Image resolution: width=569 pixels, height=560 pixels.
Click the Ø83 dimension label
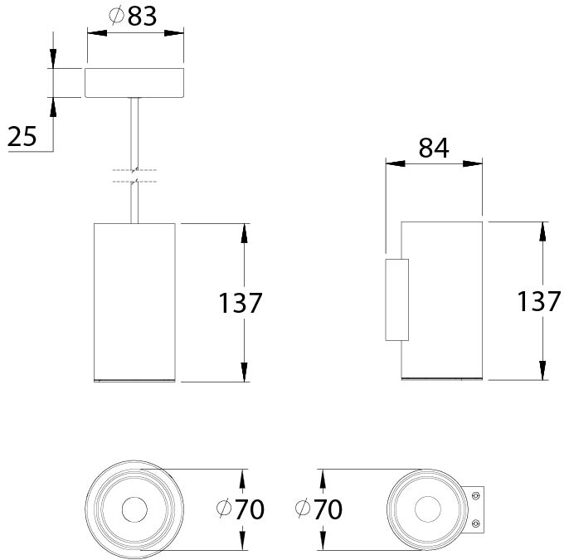(x=133, y=16)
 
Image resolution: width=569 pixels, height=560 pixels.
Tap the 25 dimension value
(x=22, y=137)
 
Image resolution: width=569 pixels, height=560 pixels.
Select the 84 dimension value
(x=434, y=148)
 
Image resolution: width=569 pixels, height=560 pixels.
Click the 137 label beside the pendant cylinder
(x=241, y=303)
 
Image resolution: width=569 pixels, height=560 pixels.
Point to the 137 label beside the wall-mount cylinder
(x=539, y=301)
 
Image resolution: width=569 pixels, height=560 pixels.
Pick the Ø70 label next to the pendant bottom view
(x=241, y=509)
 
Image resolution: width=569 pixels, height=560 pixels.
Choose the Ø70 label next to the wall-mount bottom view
(x=319, y=509)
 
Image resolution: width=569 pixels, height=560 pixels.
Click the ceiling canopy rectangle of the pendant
(x=134, y=83)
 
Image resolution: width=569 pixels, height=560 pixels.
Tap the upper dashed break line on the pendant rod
(x=134, y=170)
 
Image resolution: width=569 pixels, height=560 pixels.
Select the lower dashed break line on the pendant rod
(x=134, y=181)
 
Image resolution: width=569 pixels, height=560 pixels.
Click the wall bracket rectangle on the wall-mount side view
(x=397, y=299)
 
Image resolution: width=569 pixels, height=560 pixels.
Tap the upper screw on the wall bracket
(x=476, y=495)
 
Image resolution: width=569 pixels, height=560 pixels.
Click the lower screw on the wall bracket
(x=476, y=523)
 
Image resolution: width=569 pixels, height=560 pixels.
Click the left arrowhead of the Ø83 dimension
(x=97, y=33)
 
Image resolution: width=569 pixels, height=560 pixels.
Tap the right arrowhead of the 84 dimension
(x=473, y=163)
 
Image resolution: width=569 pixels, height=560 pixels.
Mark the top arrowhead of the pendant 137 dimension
(x=244, y=233)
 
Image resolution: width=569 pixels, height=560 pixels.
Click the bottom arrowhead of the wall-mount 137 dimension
(x=542, y=371)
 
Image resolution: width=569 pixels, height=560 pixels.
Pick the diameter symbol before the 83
(x=117, y=16)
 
